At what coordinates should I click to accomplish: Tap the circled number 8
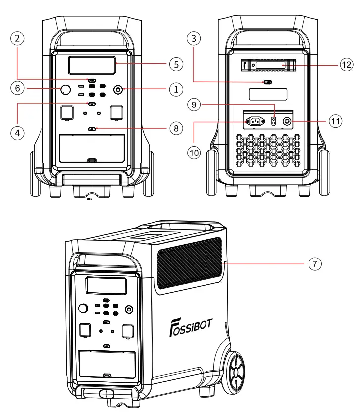pos(175,128)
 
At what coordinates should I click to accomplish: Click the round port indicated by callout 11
pos(287,120)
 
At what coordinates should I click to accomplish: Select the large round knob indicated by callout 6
pos(65,90)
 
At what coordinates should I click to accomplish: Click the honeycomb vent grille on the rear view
pos(268,153)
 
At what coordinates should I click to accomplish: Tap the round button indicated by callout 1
pos(118,90)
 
